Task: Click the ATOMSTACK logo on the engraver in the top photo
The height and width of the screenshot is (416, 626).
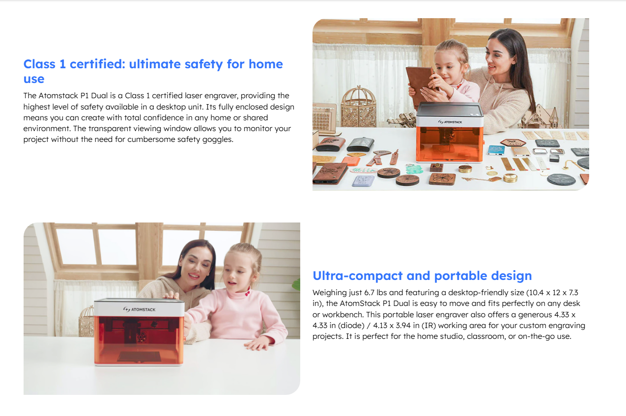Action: click(450, 122)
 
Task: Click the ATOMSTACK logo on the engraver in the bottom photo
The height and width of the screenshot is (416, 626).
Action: click(139, 309)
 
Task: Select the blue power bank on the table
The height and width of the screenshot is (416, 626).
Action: click(496, 150)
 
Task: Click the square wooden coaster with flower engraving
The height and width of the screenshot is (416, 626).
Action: click(442, 179)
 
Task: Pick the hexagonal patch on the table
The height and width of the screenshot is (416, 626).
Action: click(513, 143)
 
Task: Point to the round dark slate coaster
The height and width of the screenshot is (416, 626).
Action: click(561, 179)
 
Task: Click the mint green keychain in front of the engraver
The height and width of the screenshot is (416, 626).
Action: click(414, 169)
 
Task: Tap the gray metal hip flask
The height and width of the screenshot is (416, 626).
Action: click(361, 144)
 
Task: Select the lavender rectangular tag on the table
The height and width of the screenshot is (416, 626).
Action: click(363, 180)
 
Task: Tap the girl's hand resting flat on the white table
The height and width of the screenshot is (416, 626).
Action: click(259, 345)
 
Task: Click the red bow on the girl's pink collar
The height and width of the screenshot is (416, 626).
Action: click(247, 293)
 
